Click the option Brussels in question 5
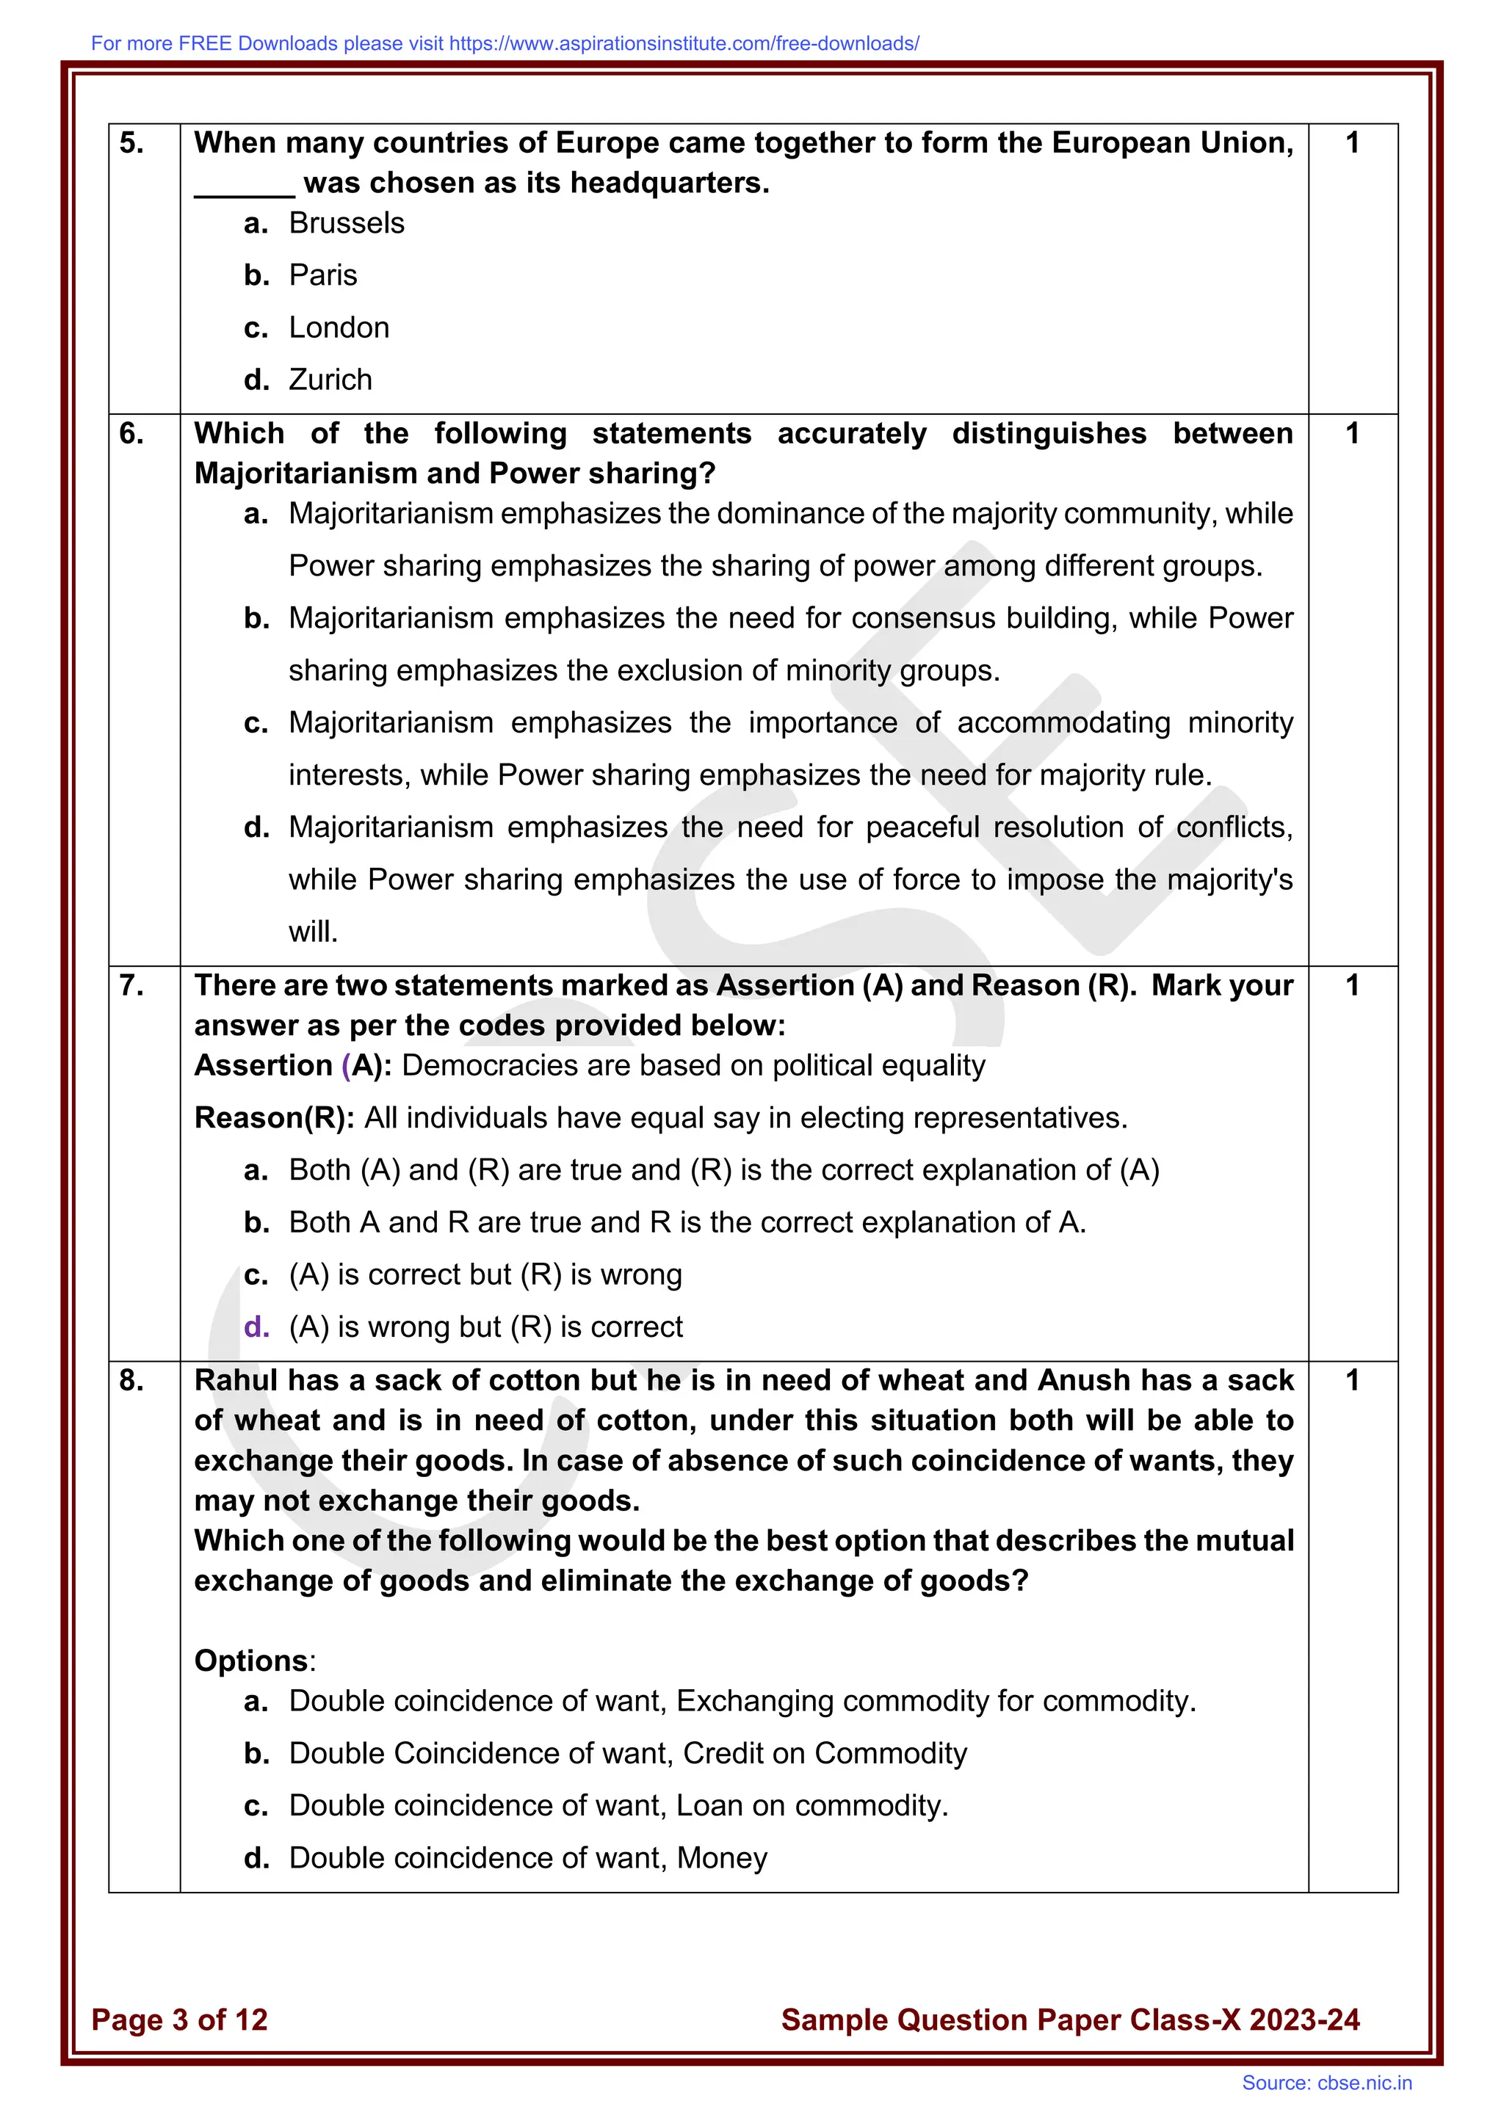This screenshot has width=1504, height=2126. point(347,223)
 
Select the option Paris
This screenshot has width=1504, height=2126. point(322,275)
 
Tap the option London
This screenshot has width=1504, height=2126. point(339,328)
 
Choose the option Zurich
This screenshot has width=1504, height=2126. point(330,380)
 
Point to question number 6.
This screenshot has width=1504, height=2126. point(131,433)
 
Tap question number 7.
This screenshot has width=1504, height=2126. point(131,985)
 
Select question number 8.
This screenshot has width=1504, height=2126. point(131,1381)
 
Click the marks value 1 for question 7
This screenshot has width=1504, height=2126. point(1352,985)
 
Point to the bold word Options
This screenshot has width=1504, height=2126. point(251,1661)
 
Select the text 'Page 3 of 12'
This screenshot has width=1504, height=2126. point(180,2020)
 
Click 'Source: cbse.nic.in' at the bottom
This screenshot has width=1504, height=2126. point(1326,2083)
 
